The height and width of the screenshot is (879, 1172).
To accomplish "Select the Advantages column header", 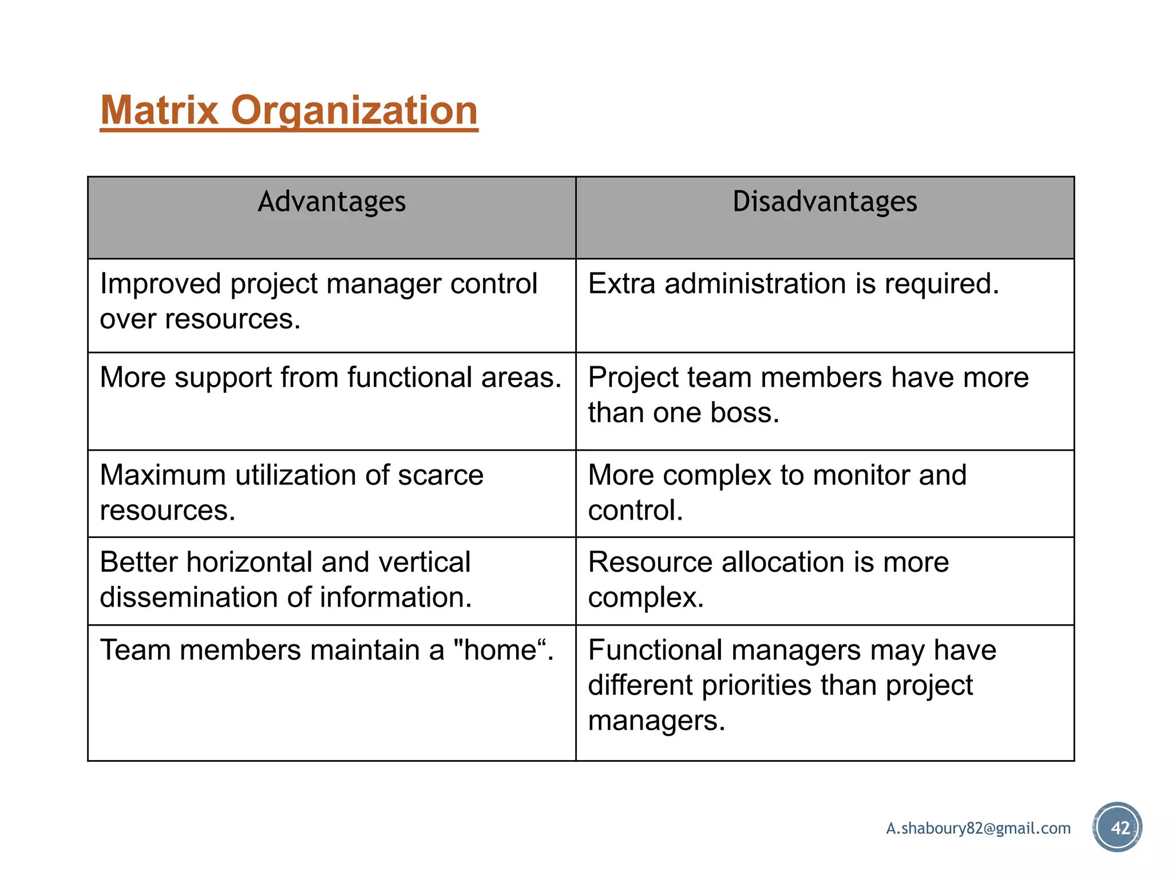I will [331, 201].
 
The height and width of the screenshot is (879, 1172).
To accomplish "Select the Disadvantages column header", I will [825, 201].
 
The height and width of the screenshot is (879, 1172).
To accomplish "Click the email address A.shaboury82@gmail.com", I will [978, 828].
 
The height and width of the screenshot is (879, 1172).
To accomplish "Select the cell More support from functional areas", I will [330, 378].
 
